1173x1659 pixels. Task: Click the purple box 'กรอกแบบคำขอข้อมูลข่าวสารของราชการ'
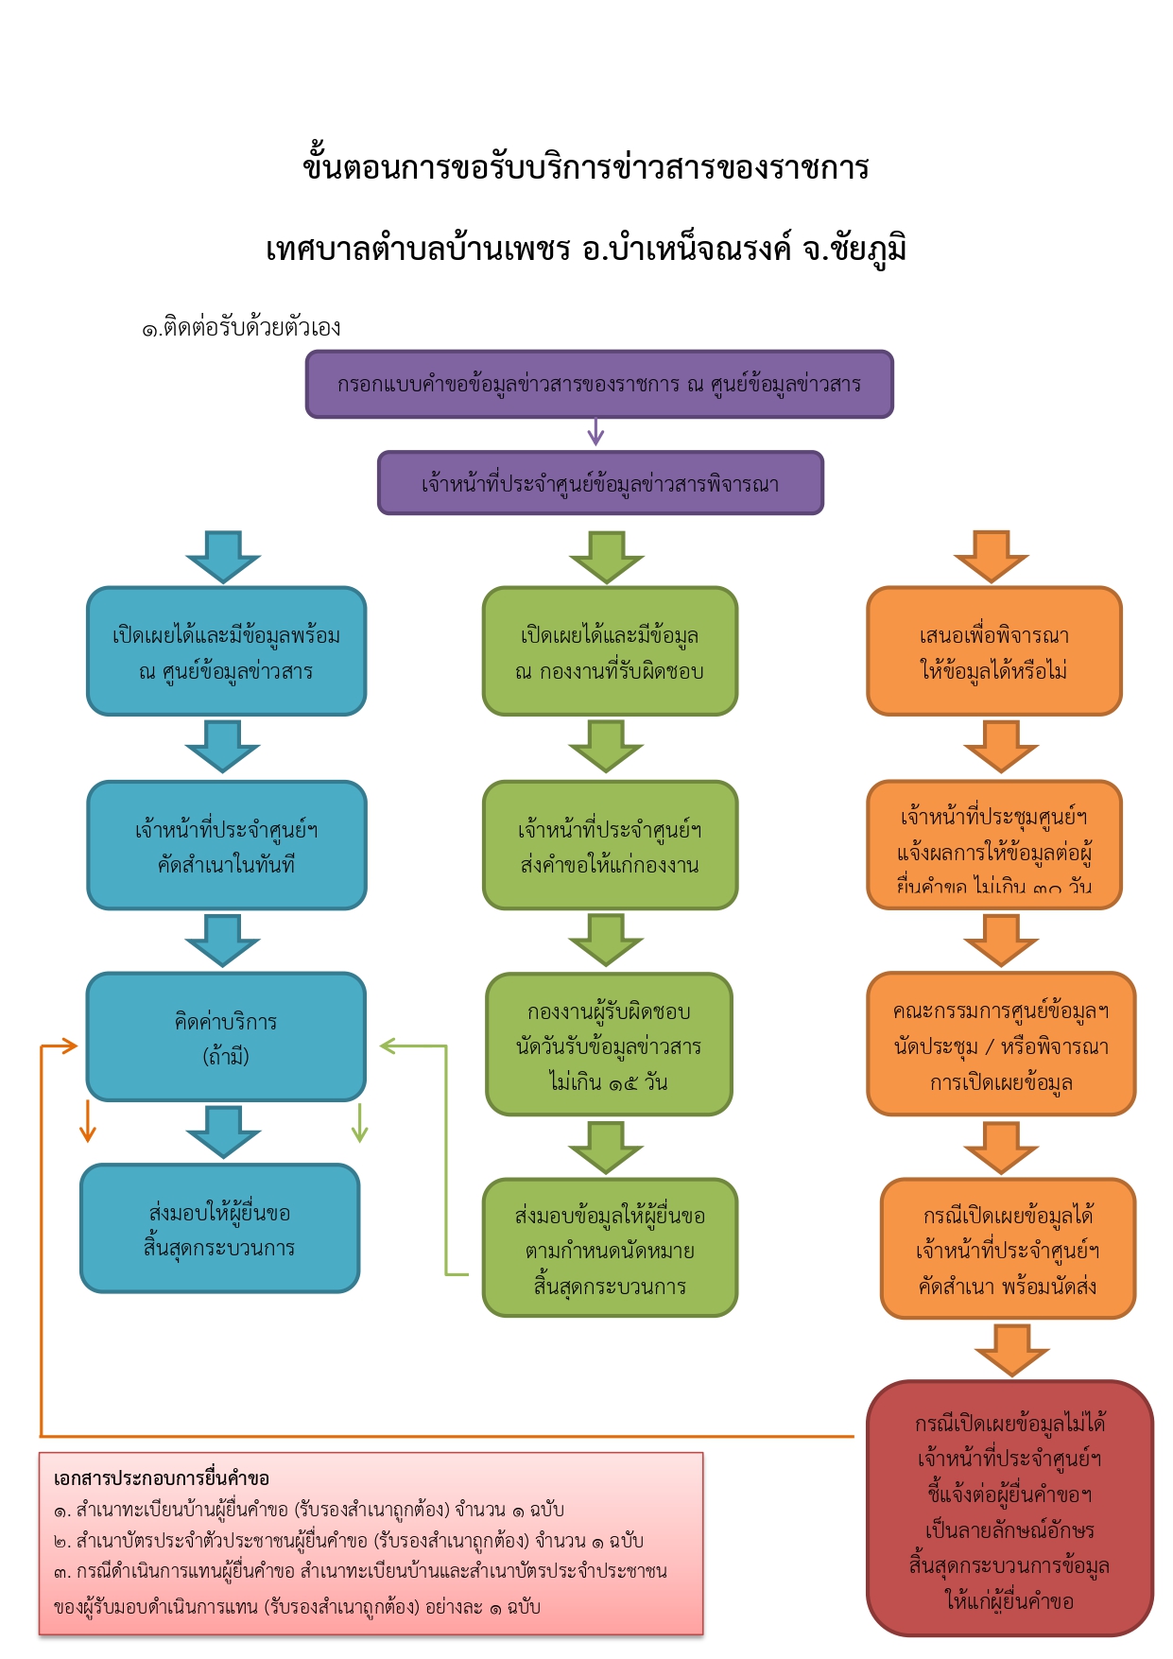pos(598,384)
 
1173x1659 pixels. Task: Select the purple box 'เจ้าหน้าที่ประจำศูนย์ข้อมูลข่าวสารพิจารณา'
pos(600,483)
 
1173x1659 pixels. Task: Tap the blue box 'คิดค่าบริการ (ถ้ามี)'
pos(226,1037)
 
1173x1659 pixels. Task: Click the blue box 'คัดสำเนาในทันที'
pos(226,845)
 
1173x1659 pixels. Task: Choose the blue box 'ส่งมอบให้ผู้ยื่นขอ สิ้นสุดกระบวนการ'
pos(219,1228)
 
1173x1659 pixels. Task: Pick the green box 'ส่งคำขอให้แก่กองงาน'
pos(610,845)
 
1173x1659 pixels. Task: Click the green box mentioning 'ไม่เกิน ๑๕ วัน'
pos(609,1045)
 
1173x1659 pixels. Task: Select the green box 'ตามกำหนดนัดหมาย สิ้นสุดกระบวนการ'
pos(610,1248)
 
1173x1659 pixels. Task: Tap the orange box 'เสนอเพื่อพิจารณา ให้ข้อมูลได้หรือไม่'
pos(993,651)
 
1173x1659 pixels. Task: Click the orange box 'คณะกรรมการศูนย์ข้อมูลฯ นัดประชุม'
pos(1000,1045)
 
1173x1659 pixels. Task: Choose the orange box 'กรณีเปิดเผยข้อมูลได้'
pos(1007,1248)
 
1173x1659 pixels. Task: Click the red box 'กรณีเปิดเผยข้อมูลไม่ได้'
pos(1009,1509)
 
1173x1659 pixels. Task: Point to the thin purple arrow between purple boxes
pos(595,433)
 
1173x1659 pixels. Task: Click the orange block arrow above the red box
pos(1011,1350)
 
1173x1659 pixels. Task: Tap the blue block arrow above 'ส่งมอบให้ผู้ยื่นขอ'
pos(223,1132)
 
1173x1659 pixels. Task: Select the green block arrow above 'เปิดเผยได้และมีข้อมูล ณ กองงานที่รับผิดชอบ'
pos(606,557)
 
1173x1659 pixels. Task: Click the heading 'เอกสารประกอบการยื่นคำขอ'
pos(162,1478)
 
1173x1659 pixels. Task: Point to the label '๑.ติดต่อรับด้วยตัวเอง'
pos(241,328)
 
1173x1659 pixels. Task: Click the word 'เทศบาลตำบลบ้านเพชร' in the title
pos(418,249)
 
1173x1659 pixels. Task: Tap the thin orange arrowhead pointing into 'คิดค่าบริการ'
pos(66,1046)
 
